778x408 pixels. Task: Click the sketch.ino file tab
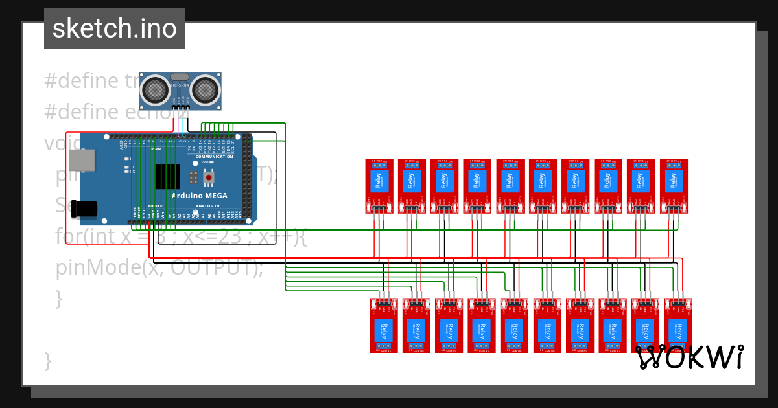tap(115, 28)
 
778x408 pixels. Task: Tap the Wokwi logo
tap(689, 357)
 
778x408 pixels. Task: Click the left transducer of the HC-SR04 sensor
tap(155, 89)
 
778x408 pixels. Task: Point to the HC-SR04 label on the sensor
tap(180, 85)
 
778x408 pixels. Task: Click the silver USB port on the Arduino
tap(82, 161)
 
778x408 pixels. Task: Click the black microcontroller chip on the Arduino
tap(167, 176)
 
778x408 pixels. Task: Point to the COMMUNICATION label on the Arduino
tap(214, 157)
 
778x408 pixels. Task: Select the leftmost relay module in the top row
tap(379, 186)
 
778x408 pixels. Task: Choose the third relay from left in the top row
tap(444, 186)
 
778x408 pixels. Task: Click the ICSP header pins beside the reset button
tap(194, 176)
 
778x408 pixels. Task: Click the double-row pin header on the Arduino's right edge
tap(247, 178)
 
